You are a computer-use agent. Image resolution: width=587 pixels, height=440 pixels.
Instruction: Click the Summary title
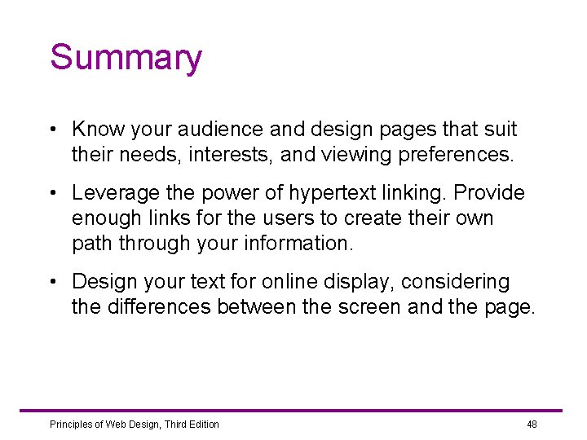click(126, 59)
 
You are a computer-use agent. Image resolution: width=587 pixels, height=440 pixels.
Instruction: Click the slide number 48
click(532, 425)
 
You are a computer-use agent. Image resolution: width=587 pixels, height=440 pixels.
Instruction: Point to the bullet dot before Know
click(52, 130)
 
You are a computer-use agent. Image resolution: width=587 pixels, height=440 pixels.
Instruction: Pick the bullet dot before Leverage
click(52, 194)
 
